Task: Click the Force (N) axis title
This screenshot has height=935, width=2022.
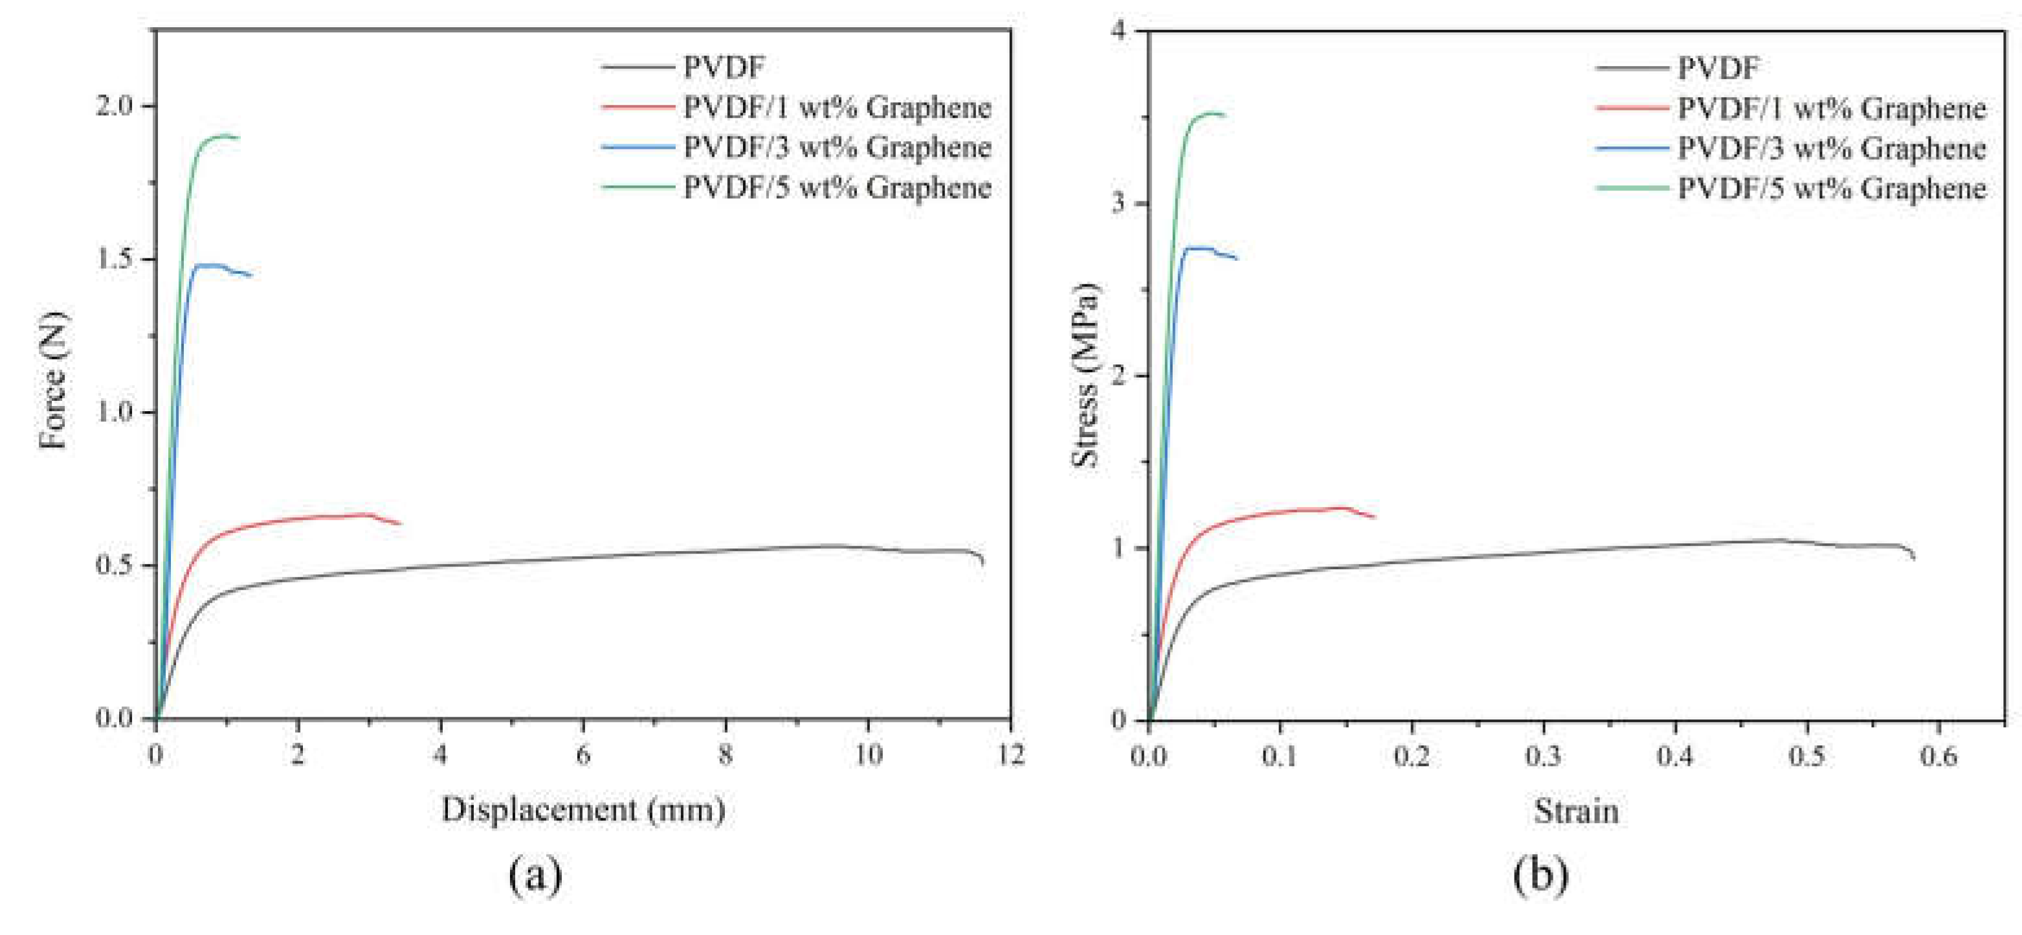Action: tap(53, 381)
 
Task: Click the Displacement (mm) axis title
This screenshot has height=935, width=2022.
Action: tap(583, 809)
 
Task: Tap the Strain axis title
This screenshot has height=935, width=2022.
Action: tap(1576, 811)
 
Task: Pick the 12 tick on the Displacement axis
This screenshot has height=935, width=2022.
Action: tap(1010, 754)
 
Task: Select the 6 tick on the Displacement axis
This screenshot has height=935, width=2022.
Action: tap(583, 754)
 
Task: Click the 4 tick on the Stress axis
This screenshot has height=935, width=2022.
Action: tap(1118, 31)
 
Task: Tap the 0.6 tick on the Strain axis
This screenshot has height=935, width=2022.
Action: tap(1938, 756)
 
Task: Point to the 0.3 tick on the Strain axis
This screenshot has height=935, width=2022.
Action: tap(1543, 756)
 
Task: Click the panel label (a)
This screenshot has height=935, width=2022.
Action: tap(535, 873)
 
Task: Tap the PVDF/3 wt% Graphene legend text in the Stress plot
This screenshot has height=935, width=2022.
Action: tap(1831, 148)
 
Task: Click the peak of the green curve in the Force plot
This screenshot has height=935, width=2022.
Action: tap(226, 136)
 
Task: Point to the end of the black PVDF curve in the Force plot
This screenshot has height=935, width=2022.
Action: tap(983, 563)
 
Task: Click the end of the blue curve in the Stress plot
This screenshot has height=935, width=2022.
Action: tap(1237, 258)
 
